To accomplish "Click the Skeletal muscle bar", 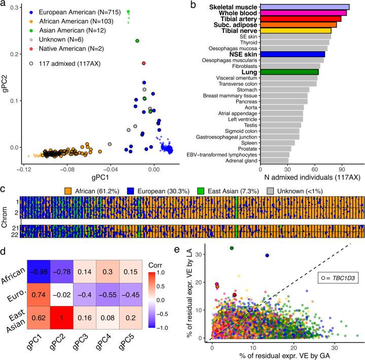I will [x=304, y=7].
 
